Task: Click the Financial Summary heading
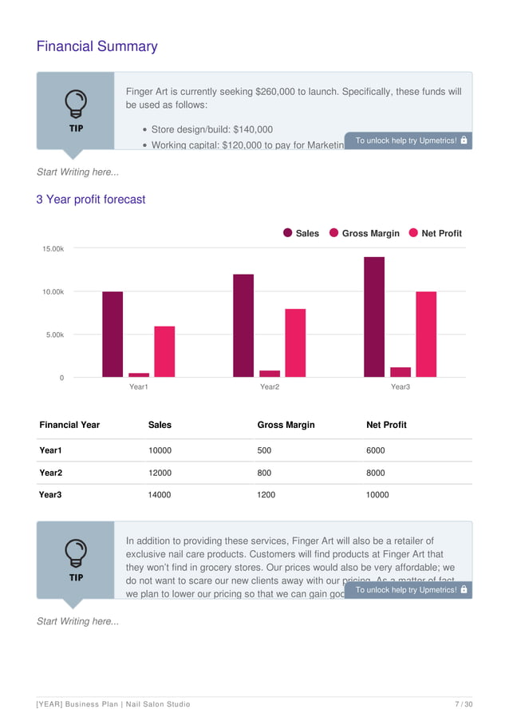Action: (x=97, y=46)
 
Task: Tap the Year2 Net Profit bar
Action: (x=295, y=343)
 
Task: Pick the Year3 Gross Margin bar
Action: (x=400, y=372)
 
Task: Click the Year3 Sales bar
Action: (x=374, y=317)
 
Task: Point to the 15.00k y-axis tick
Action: (x=53, y=249)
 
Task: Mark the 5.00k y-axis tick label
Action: (x=53, y=335)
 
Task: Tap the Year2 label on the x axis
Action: (x=270, y=387)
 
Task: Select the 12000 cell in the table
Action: (x=160, y=473)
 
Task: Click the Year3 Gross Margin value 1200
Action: (x=266, y=495)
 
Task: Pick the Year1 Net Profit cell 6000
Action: (x=376, y=450)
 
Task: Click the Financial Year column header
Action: (x=69, y=425)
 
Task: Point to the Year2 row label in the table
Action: (x=51, y=473)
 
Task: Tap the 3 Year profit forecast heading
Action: (x=91, y=200)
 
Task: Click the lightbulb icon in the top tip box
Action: (x=76, y=103)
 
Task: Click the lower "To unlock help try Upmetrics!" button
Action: (x=408, y=590)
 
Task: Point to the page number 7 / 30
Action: (x=463, y=704)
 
